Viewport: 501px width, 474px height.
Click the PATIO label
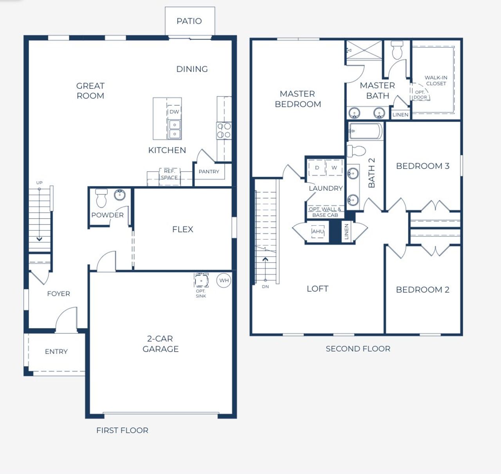(189, 21)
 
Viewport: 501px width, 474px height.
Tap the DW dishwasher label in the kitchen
(174, 111)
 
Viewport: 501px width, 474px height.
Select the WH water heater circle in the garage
(224, 280)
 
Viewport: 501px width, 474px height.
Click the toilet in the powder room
(101, 197)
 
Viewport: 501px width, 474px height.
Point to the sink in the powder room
(120, 194)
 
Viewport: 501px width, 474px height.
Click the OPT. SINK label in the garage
(201, 294)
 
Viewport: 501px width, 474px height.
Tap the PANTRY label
(209, 171)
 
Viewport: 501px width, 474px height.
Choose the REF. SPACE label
(169, 174)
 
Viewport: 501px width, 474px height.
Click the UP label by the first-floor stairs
(39, 183)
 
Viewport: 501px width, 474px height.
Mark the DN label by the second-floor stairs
(265, 287)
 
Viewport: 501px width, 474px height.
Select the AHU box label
(318, 232)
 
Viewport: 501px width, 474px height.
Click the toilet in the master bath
(397, 49)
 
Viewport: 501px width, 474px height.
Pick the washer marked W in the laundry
(334, 168)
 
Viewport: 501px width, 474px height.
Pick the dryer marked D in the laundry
(317, 168)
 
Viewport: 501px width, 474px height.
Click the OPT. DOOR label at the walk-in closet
(420, 95)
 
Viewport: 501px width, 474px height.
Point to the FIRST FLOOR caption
(122, 430)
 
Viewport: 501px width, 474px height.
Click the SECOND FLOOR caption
(358, 348)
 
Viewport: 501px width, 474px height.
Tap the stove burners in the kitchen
(224, 130)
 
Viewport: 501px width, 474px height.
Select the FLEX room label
(183, 229)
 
